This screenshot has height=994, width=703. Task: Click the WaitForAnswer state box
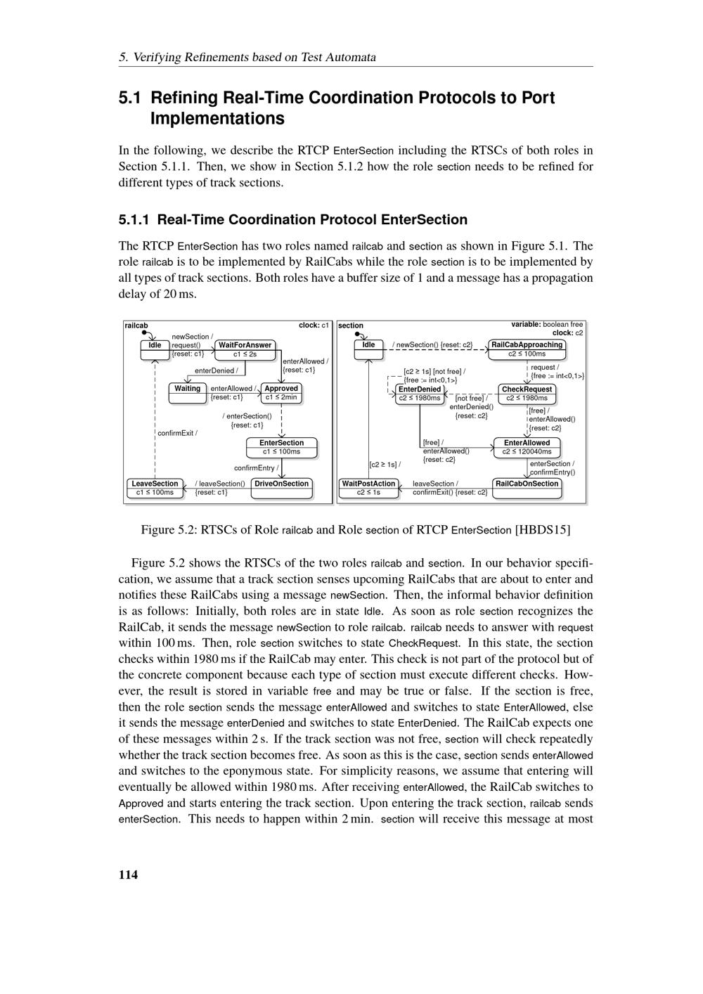(x=245, y=349)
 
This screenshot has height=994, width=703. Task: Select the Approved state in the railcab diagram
(x=281, y=393)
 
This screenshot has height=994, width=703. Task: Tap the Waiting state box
(x=187, y=393)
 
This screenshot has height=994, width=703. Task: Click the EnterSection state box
(x=281, y=447)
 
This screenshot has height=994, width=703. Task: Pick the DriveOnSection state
(x=281, y=488)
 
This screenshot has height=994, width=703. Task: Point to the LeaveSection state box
(x=155, y=488)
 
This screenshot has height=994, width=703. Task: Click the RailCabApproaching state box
(x=527, y=349)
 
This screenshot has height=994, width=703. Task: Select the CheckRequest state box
(x=527, y=394)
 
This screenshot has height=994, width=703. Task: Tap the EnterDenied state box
(x=419, y=394)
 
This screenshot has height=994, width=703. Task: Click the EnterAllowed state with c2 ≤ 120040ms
(x=527, y=447)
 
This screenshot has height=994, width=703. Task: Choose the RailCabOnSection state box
(x=527, y=488)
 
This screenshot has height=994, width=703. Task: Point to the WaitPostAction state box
(x=368, y=488)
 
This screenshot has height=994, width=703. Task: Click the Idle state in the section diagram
(x=368, y=349)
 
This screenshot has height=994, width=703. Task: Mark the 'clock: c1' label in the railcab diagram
(x=314, y=325)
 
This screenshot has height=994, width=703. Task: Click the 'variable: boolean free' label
(x=547, y=324)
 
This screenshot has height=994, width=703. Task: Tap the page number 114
(x=129, y=874)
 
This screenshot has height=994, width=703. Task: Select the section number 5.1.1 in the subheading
(x=134, y=220)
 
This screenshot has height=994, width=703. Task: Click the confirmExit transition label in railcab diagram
(x=177, y=433)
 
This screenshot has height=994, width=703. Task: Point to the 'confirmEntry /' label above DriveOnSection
(x=256, y=467)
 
